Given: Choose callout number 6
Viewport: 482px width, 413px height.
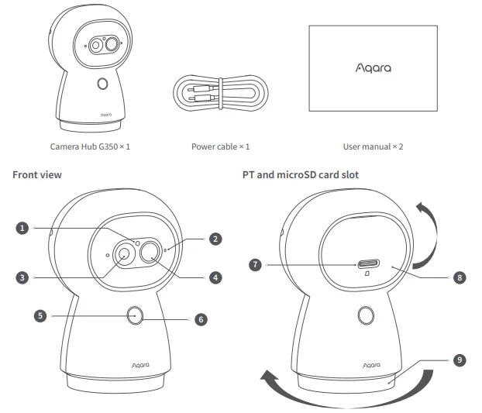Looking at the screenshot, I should click(202, 318).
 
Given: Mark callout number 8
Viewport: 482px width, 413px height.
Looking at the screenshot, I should click(460, 277).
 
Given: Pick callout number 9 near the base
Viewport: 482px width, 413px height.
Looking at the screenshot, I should click(460, 360).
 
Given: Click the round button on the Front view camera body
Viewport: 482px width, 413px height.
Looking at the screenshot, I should click(133, 315).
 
